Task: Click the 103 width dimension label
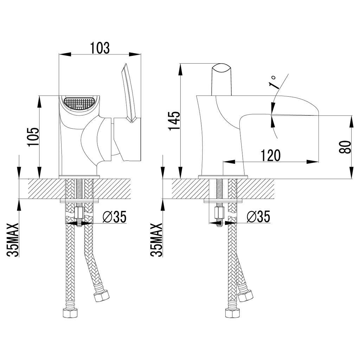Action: pyautogui.click(x=100, y=48)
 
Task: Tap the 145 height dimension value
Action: pyautogui.click(x=174, y=121)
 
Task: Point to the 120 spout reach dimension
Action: pyautogui.click(x=271, y=155)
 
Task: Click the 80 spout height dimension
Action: pyautogui.click(x=345, y=147)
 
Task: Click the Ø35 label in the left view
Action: pyautogui.click(x=115, y=217)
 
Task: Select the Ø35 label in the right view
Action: pyautogui.click(x=258, y=217)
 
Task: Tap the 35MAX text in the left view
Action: pyautogui.click(x=13, y=240)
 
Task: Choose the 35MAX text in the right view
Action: pyautogui.click(x=156, y=240)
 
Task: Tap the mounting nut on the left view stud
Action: pyautogui.click(x=79, y=213)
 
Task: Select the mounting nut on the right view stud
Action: pyautogui.click(x=219, y=213)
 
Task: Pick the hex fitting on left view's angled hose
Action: pyautogui.click(x=102, y=296)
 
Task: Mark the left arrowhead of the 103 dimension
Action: pyautogui.click(x=64, y=54)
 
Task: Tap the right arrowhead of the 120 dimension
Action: pyautogui.click(x=313, y=162)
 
